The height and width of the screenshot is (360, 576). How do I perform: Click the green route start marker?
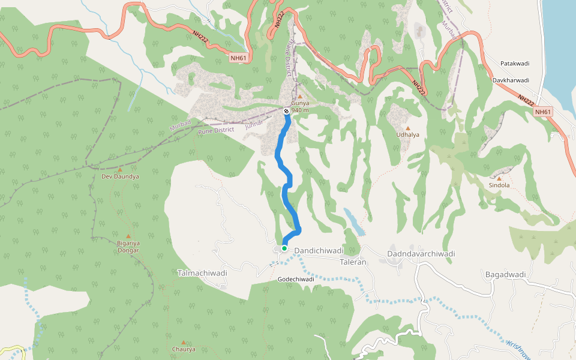pos(284,248)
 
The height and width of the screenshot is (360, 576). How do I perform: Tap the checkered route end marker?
pos(286,112)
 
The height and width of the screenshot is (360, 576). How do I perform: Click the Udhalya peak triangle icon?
pos(408,128)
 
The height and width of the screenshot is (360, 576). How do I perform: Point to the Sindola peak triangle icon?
pos(499,178)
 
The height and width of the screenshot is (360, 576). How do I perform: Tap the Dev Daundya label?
pos(120,177)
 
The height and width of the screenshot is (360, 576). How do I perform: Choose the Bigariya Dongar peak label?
pos(127,246)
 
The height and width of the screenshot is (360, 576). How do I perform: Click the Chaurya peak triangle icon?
pos(183,343)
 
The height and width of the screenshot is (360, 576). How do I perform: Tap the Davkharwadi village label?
pos(511,80)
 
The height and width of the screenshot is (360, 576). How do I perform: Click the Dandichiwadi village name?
pos(318,250)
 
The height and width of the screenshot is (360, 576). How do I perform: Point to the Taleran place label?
pos(353,262)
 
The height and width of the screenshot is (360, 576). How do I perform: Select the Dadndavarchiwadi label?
pos(421,254)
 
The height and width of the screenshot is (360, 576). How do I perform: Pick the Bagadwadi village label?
pos(505,275)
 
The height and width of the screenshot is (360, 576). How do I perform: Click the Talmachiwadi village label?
pos(202,273)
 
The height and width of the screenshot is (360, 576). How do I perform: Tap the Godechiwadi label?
pos(296,280)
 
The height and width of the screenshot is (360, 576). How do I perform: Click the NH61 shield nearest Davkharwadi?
pos(542,112)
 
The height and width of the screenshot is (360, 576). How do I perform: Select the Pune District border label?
pos(217,130)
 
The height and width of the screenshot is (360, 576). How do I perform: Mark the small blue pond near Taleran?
pos(353,222)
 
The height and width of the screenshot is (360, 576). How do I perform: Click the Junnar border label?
pos(254,125)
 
